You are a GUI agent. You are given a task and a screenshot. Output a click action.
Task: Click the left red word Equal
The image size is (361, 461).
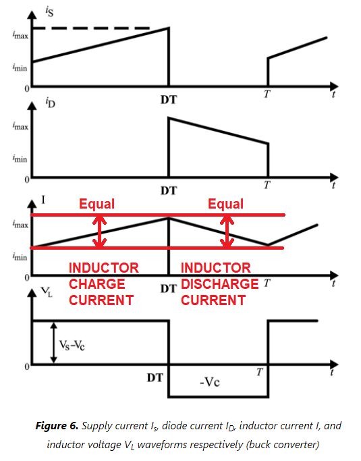[97, 204]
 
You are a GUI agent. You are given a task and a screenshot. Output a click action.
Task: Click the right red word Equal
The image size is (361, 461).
[225, 204]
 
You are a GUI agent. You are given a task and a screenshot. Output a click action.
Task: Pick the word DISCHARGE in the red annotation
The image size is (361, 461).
[219, 284]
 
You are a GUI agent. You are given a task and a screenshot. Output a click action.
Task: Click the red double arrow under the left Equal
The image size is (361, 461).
[100, 232]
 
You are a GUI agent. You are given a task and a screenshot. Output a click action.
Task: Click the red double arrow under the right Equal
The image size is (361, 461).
[229, 232]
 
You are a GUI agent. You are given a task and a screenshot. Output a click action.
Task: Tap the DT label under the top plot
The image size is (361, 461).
[169, 99]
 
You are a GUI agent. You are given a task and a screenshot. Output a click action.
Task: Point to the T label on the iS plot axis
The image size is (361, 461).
[267, 94]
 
